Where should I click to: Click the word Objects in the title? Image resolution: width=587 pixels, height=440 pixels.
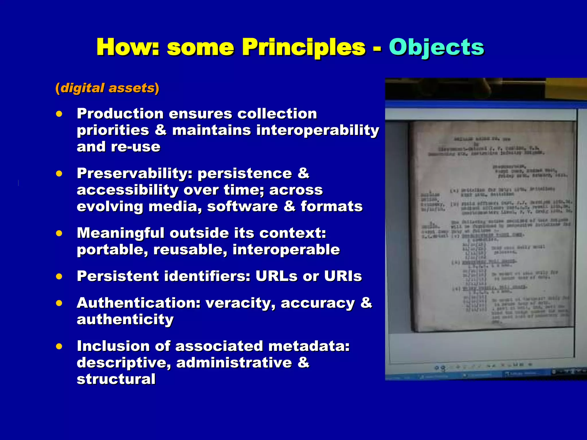[x=436, y=47]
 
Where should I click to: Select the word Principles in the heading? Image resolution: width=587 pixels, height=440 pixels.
[x=304, y=47]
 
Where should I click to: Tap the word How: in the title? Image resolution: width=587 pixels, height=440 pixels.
[x=128, y=47]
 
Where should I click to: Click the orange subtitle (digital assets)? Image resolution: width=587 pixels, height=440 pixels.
[x=107, y=88]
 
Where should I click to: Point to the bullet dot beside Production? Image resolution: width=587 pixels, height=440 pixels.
[x=59, y=114]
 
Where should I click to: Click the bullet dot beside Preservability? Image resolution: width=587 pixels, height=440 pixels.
[x=59, y=174]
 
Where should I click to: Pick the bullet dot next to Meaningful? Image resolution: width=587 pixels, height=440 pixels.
[x=59, y=233]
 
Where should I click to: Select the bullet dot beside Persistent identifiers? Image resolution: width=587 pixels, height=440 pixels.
[x=59, y=276]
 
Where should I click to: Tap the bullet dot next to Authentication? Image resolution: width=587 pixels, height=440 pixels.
[x=59, y=303]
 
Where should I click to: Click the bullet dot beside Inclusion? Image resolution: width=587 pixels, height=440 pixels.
[x=59, y=346]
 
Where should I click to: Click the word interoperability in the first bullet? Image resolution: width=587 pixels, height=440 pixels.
[x=318, y=130]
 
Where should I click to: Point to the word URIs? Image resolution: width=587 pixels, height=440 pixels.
[x=343, y=276]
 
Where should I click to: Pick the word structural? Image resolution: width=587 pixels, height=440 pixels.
[x=116, y=379]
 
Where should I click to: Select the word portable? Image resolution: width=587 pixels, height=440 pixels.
[x=112, y=250]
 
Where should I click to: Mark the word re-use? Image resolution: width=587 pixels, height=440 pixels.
[x=136, y=147]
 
